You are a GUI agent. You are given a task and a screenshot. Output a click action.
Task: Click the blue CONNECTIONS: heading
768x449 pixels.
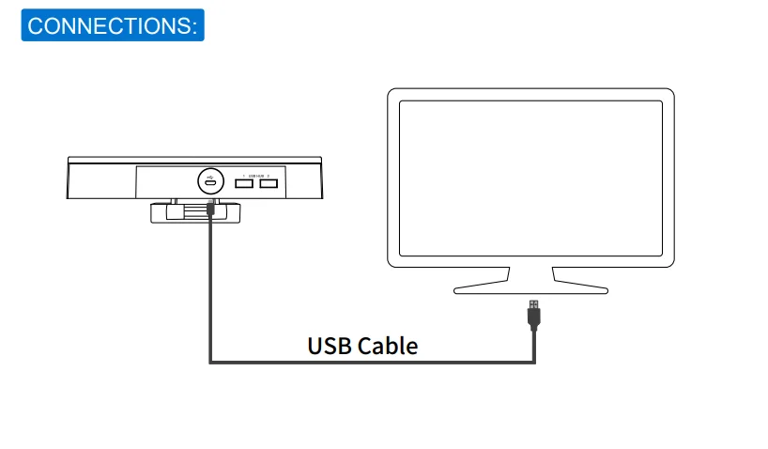coord(112,24)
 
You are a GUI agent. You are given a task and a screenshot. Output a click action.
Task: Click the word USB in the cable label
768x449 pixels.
coord(329,346)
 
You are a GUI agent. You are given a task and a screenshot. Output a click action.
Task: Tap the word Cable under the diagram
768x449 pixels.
coord(386,346)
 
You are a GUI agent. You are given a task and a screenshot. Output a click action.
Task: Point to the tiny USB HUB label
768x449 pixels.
coord(257,176)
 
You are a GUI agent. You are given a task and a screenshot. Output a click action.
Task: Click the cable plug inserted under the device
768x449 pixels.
coord(209,211)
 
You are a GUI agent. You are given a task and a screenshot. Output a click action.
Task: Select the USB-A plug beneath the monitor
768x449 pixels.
coord(533,313)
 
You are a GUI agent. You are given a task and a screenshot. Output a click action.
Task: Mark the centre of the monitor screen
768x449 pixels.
coord(530,178)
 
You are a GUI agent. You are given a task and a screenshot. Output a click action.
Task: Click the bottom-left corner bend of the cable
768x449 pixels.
coord(210,361)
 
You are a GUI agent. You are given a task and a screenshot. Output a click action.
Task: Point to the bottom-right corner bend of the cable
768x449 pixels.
coord(534,361)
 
